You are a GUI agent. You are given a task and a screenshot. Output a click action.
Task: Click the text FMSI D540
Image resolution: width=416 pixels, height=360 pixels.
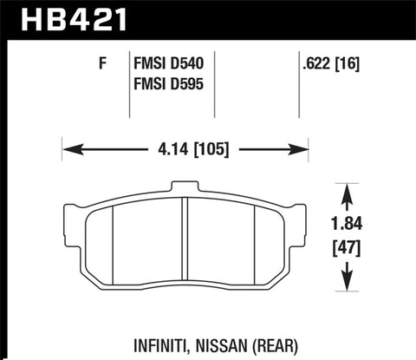(170, 63)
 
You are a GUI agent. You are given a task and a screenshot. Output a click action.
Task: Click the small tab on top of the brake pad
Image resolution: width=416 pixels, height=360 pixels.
(185, 187)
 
